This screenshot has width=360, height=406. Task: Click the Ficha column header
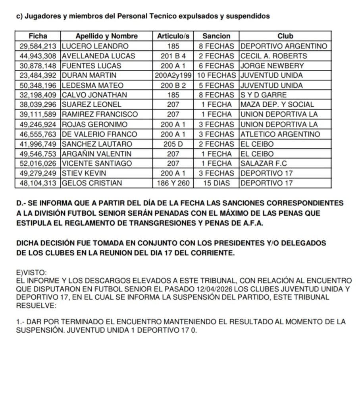click(38, 36)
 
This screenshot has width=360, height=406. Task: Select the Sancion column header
click(216, 36)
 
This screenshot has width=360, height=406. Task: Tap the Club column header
click(285, 36)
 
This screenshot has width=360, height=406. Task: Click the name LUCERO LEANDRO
click(95, 46)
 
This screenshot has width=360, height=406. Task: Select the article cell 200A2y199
click(175, 75)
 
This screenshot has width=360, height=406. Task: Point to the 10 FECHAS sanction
click(216, 75)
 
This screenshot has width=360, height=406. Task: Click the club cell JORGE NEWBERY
click(272, 65)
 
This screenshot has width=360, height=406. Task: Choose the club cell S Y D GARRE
click(264, 95)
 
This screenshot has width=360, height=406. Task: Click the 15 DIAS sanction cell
click(216, 184)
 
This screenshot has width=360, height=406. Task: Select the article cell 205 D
click(175, 144)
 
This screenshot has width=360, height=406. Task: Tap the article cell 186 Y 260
click(175, 184)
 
